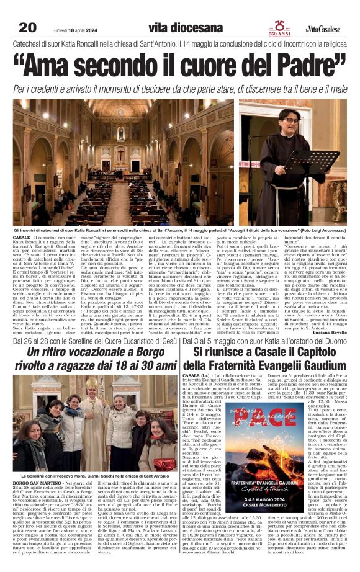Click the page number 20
[27, 27]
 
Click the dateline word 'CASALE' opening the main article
[22, 238]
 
